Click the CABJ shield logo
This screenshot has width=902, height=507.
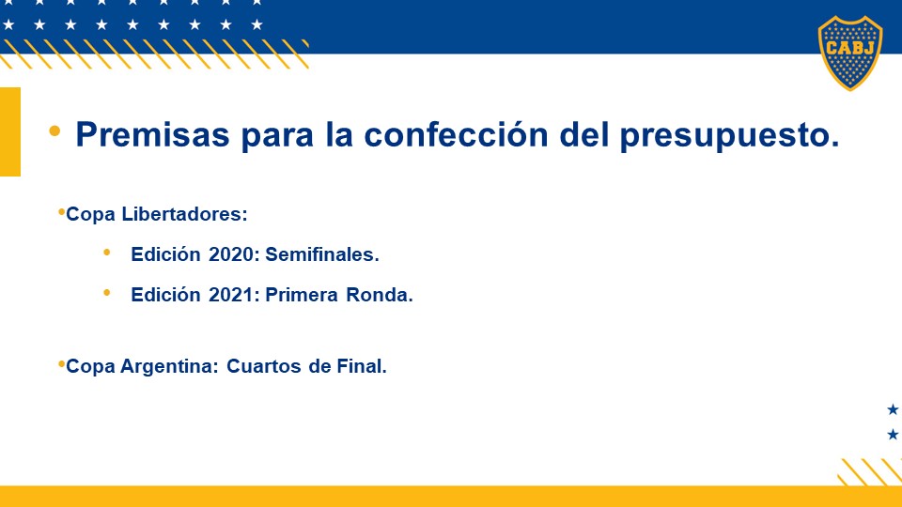pyautogui.click(x=850, y=53)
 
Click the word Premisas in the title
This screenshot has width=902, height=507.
pyautogui.click(x=152, y=135)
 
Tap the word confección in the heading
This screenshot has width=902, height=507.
pyautogui.click(x=457, y=135)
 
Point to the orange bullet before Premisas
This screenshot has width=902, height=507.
pyautogui.click(x=54, y=131)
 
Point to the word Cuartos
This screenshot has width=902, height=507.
pyautogui.click(x=263, y=366)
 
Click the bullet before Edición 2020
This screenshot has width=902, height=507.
pyautogui.click(x=106, y=253)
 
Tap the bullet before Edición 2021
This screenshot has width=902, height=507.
pyautogui.click(x=106, y=293)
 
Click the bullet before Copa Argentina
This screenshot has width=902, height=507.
pyautogui.click(x=61, y=364)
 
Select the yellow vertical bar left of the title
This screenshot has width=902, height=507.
pyautogui.click(x=10, y=131)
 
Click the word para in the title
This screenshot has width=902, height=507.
pyautogui.click(x=276, y=137)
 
